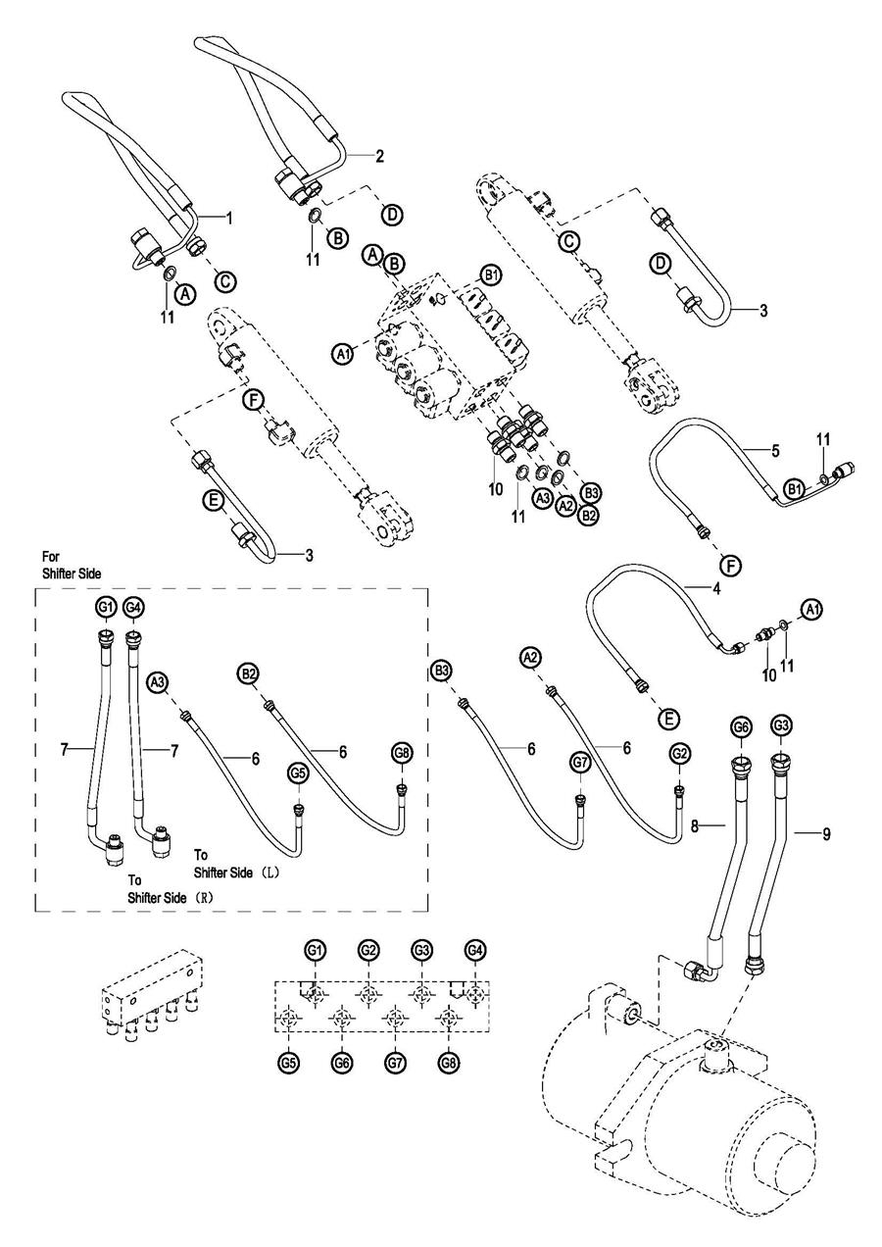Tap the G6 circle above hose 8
coord(742,726)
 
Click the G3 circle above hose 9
coord(781,726)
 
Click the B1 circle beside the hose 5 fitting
coord(795,487)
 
